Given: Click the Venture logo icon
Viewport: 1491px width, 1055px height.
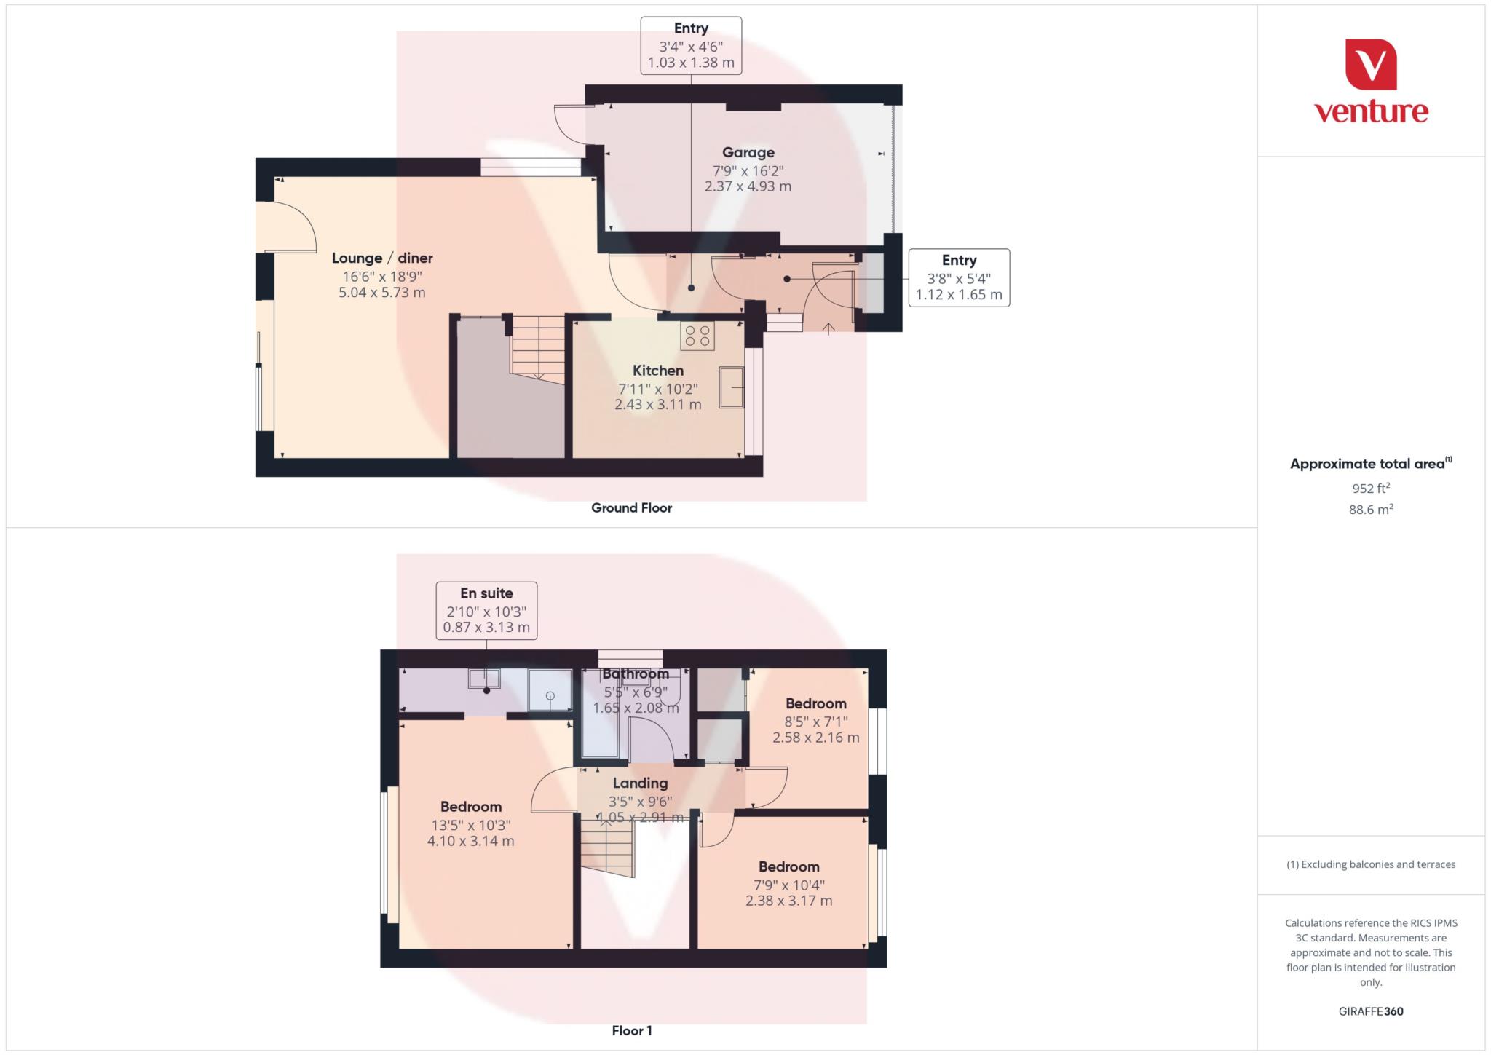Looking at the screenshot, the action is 1371,64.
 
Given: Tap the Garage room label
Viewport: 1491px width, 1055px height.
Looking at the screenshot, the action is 748,152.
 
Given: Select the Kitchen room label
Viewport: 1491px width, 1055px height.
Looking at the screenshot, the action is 657,371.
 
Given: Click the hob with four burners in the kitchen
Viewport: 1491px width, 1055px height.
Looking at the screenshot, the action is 697,336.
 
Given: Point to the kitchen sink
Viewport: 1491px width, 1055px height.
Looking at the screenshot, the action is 732,387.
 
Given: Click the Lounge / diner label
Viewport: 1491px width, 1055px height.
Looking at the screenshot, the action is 382,258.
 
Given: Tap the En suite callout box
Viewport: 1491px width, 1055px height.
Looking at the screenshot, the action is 486,610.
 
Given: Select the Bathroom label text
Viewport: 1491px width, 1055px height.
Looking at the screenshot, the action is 636,673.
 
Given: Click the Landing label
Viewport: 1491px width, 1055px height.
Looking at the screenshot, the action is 640,783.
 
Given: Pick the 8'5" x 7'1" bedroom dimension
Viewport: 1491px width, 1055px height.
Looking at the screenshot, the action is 815,722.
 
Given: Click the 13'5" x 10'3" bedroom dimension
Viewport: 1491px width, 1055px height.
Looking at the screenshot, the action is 470,825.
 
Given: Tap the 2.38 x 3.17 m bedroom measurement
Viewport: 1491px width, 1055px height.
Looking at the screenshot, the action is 788,901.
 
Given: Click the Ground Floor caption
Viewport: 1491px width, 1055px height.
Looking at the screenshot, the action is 631,508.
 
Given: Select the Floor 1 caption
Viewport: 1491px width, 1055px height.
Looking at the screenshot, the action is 631,1030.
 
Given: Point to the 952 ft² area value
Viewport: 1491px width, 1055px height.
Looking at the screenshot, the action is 1371,488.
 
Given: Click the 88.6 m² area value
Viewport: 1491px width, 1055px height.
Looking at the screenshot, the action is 1371,509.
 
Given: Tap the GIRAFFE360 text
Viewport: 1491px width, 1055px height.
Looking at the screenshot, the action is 1371,1011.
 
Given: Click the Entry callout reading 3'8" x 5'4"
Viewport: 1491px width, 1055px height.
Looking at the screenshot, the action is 959,277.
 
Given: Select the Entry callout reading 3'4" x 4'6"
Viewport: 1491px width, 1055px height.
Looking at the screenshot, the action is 691,45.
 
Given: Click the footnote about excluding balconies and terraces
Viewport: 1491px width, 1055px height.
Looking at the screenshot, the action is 1371,864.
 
